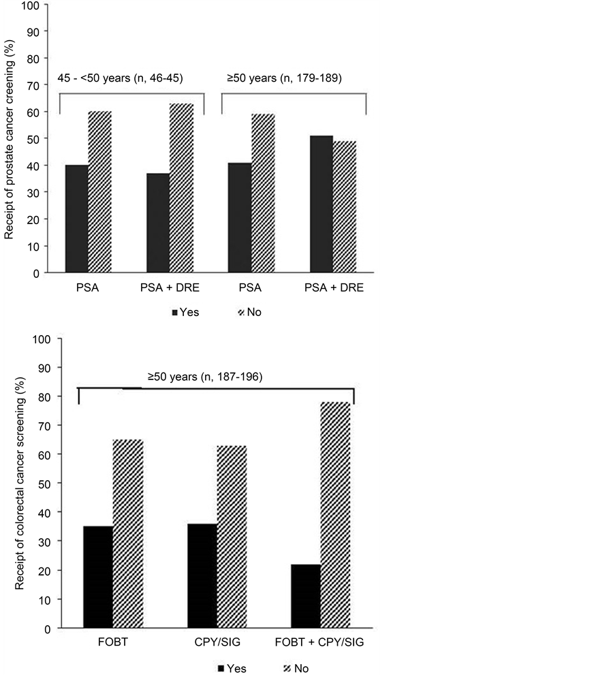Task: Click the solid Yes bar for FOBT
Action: (x=99, y=577)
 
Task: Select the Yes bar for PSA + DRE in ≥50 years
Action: (x=321, y=204)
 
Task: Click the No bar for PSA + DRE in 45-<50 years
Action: (x=181, y=188)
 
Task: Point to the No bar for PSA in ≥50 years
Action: (x=263, y=193)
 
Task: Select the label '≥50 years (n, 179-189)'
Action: (x=284, y=79)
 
